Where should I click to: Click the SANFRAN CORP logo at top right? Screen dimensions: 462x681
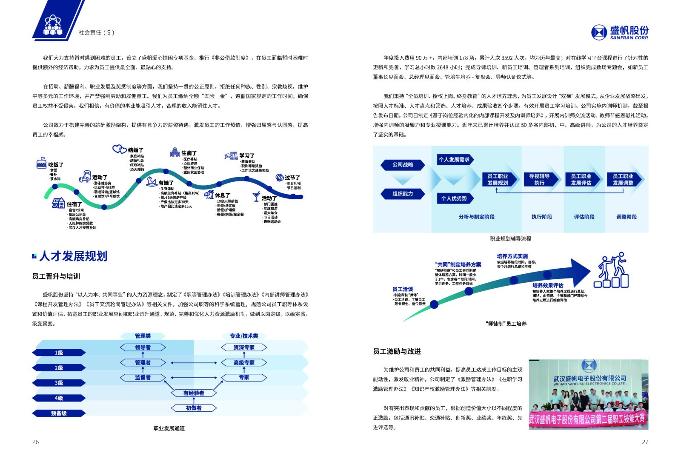coord(620,32)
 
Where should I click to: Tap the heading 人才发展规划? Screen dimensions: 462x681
coord(73,256)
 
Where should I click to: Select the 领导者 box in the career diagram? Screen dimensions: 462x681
coord(143,347)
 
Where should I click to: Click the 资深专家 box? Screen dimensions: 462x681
coord(244,347)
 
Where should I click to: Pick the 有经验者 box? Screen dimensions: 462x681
coord(194,393)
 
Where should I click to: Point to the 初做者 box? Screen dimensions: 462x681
coord(194,408)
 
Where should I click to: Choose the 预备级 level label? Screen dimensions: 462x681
coord(59,413)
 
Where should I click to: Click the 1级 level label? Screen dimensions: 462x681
coord(59,353)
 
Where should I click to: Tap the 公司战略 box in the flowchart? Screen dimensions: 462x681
coord(403,165)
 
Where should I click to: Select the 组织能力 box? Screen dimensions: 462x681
coord(403,194)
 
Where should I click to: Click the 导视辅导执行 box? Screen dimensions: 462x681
coord(539,179)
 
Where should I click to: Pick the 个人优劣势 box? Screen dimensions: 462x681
coord(454,198)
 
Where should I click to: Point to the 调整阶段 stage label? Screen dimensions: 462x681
coord(627,217)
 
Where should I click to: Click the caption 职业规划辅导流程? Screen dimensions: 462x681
coord(510,239)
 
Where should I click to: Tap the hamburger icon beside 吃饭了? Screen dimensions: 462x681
coord(41,163)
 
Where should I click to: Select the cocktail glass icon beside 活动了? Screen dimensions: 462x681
coord(256,196)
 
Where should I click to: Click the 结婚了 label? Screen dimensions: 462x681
coord(136,150)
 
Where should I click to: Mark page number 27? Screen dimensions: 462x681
coord(645,442)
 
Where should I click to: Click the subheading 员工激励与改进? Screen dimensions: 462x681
coord(397,351)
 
